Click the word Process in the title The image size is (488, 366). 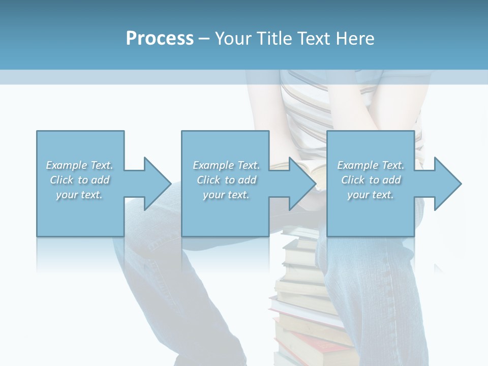tap(160, 39)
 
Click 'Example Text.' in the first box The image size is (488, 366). tap(79, 165)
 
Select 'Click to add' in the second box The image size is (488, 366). tap(226, 180)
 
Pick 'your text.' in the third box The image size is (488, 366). tap(371, 195)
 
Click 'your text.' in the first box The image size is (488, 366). tap(79, 195)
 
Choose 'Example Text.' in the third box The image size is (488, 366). tap(371, 165)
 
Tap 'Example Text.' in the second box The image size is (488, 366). tap(226, 165)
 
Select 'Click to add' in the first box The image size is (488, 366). tap(79, 180)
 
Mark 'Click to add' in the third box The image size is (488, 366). tap(371, 180)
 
